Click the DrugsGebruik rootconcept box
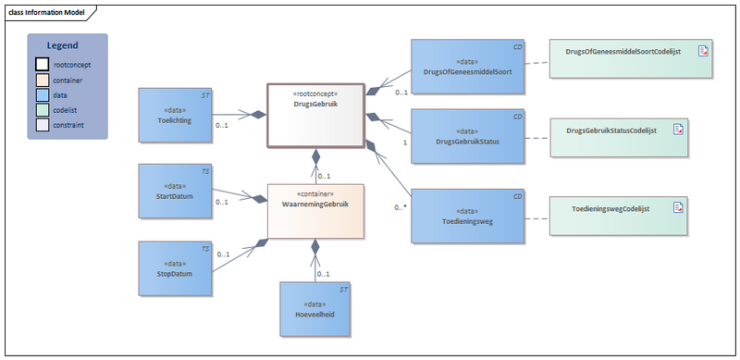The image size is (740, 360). point(314,115)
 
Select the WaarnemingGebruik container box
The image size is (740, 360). point(314,210)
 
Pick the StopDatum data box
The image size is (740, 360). point(176,269)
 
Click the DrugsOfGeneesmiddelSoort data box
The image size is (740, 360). point(468,67)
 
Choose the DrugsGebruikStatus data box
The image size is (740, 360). point(468,137)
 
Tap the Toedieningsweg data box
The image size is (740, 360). point(468,217)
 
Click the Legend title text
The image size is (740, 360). point(63,45)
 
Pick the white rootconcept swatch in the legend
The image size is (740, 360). point(43,65)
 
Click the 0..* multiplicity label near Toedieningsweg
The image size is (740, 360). point(400,206)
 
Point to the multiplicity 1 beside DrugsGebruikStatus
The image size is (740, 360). point(405,143)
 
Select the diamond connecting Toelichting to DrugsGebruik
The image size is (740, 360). point(259,115)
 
